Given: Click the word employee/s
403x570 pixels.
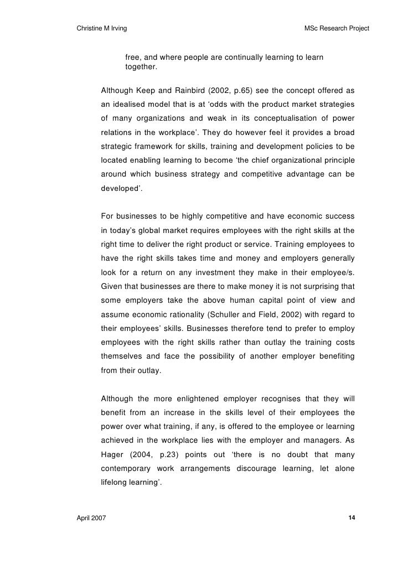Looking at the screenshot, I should click(334, 273).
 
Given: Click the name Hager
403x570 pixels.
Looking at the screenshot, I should click(112, 455).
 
